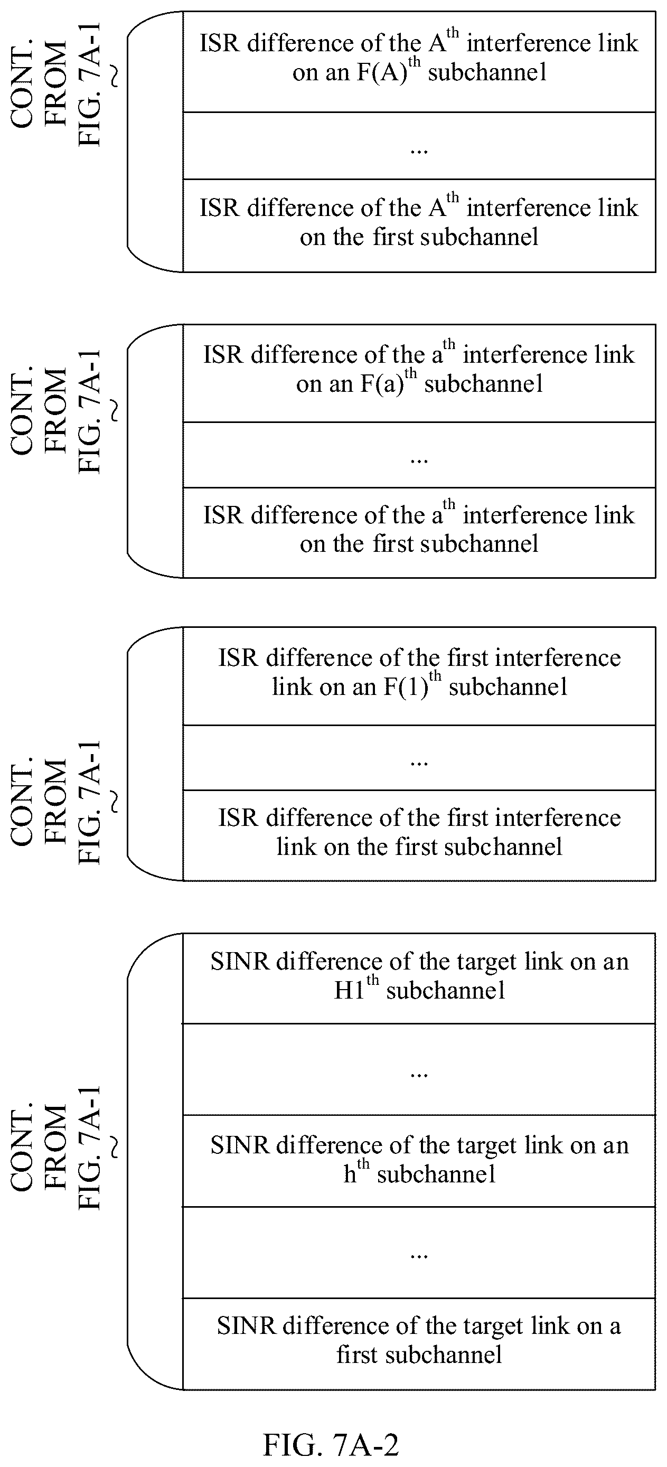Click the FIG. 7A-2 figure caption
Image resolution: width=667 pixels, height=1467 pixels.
[x=331, y=1444]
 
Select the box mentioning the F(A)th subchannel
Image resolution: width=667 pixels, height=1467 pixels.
[x=419, y=61]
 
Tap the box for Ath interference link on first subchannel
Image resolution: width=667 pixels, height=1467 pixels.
[x=419, y=225]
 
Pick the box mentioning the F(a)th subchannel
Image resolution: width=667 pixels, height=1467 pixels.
[x=419, y=373]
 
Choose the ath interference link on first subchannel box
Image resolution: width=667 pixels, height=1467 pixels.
[x=419, y=532]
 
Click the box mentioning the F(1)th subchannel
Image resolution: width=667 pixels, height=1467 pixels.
[x=419, y=676]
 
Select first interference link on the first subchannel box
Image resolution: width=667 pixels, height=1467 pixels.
[x=419, y=835]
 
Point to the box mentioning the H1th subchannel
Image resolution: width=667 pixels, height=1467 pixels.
[x=419, y=978]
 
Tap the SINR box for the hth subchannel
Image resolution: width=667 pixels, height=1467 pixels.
[x=419, y=1160]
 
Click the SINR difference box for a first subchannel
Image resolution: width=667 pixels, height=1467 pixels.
[x=419, y=1343]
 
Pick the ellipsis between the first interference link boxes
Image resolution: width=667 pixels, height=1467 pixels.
[x=419, y=763]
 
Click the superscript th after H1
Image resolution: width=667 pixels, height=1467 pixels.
[x=372, y=980]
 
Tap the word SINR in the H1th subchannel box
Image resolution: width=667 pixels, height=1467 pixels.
[x=240, y=962]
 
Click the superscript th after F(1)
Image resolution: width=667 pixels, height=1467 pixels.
[x=435, y=676]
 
